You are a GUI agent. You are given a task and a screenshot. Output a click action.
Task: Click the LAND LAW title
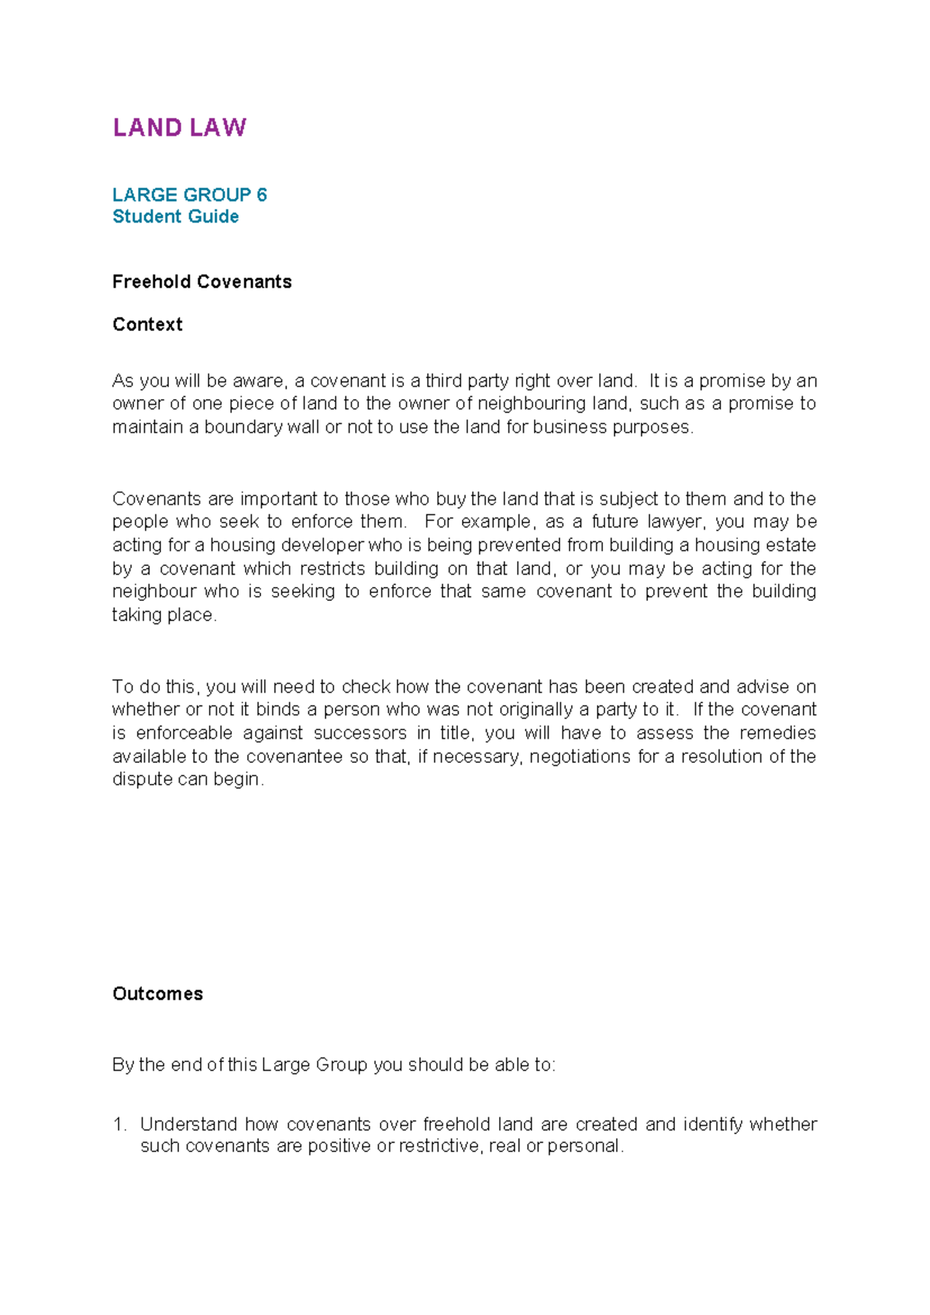point(179,128)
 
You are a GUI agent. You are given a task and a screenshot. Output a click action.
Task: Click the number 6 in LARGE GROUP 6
point(262,195)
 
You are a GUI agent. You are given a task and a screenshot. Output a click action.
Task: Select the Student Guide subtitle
point(175,216)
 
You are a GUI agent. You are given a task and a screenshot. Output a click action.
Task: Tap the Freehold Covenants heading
point(201,281)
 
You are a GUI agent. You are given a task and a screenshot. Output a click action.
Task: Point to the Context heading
point(147,324)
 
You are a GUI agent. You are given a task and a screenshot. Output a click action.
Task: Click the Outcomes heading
point(157,994)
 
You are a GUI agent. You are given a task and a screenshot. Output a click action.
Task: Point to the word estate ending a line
point(792,545)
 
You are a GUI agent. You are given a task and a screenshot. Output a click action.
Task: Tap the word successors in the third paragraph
point(360,733)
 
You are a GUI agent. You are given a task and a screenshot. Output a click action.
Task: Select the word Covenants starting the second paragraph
point(157,499)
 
